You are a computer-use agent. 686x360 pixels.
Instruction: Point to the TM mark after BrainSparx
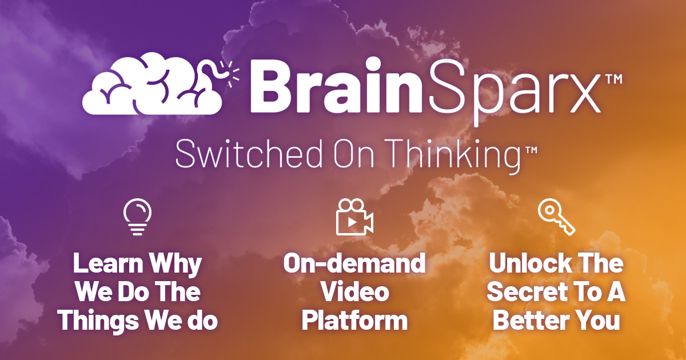(x=613, y=82)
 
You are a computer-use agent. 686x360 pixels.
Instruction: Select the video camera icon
(x=354, y=217)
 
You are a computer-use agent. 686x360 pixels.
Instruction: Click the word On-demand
(x=354, y=264)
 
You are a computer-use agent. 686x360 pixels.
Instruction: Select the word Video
(x=354, y=293)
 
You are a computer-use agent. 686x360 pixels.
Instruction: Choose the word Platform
(x=354, y=321)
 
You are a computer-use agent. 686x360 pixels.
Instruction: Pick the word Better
(x=529, y=321)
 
